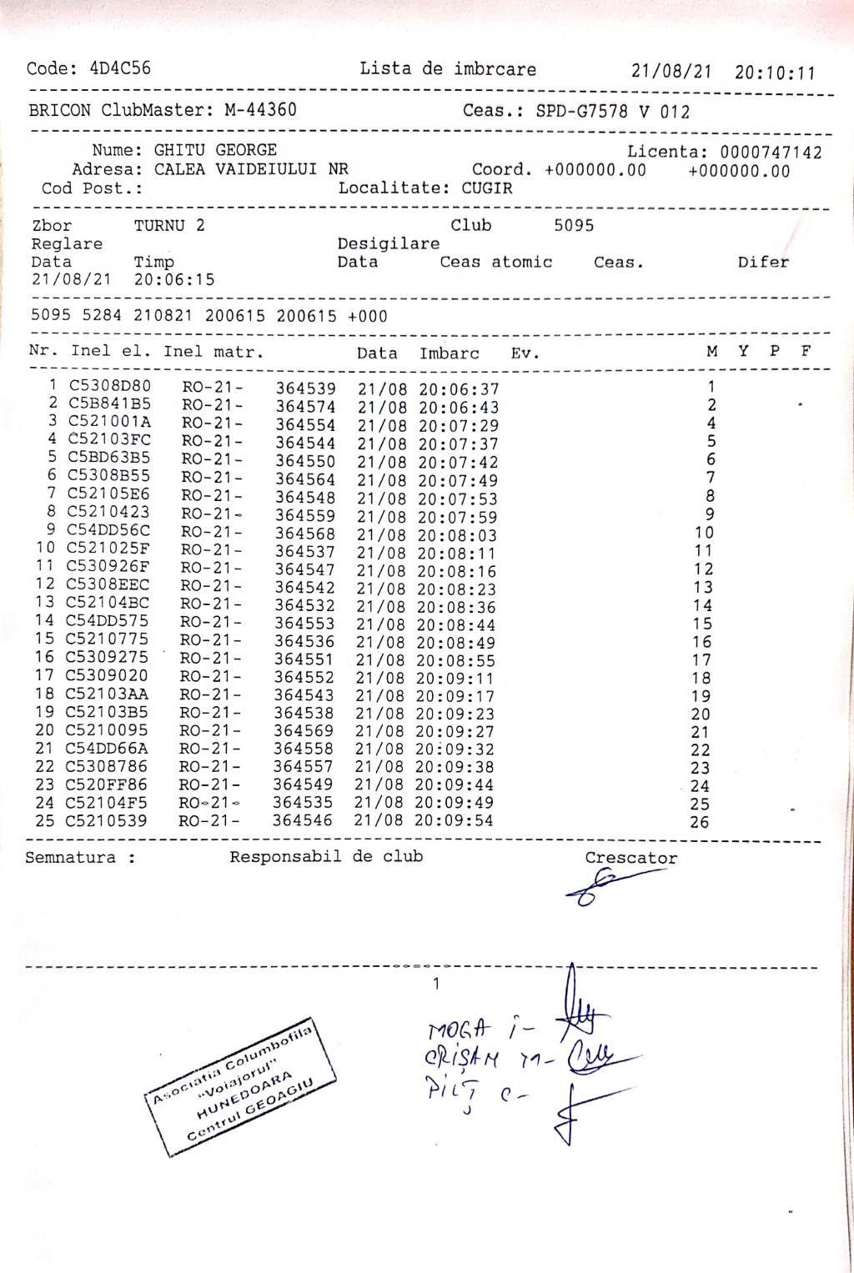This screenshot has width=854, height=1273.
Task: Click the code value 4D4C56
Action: [120, 68]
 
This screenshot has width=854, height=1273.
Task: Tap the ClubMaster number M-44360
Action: [260, 110]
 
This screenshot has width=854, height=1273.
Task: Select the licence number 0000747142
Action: [771, 153]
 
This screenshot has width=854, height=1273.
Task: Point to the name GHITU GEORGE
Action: [215, 150]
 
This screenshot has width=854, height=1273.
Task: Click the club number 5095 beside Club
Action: [574, 225]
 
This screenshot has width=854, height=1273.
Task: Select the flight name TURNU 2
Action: [169, 225]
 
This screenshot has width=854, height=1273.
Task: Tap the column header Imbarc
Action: [450, 353]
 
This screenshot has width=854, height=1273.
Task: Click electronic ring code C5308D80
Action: [110, 386]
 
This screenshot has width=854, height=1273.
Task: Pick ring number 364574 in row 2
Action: [306, 407]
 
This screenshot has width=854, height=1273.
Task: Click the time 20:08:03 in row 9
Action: [457, 535]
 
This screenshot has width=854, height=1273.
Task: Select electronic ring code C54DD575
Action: [108, 620]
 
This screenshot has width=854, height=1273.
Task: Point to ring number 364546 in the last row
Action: [303, 820]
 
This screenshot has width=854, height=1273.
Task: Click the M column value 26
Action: [700, 822]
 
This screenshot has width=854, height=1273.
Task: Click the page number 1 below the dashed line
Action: [436, 985]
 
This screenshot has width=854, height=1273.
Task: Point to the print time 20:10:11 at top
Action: [775, 73]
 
